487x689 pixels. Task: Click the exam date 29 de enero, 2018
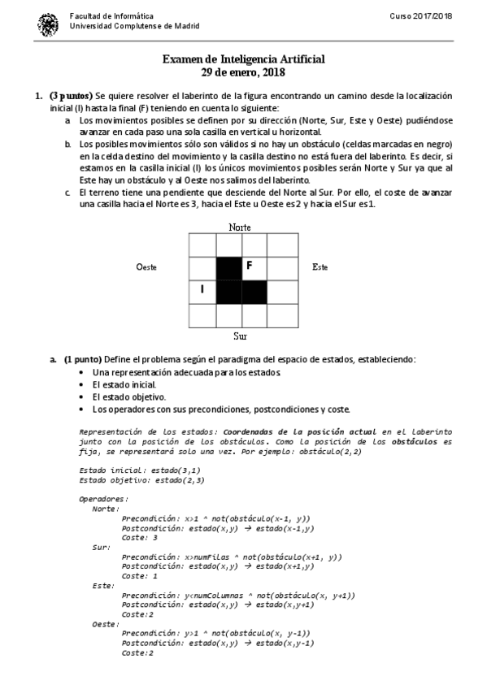point(243,73)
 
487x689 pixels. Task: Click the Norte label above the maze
point(241,227)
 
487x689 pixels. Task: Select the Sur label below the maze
point(240,335)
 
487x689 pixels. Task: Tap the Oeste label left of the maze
point(146,267)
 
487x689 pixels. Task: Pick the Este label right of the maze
point(320,267)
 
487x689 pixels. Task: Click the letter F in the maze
point(250,265)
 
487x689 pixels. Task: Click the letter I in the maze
point(201,289)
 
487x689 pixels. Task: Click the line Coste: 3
point(138,537)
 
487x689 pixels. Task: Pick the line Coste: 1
point(138,575)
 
